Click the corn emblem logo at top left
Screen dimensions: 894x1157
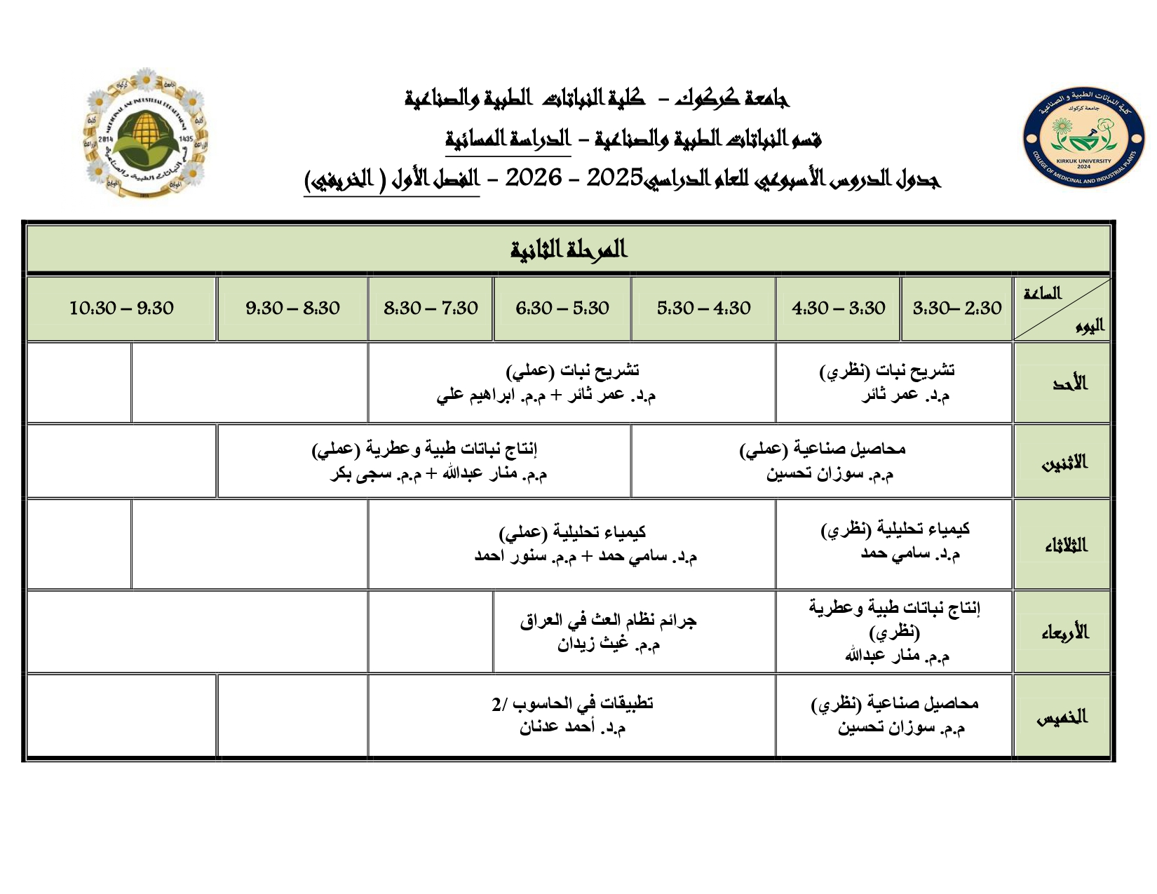point(145,133)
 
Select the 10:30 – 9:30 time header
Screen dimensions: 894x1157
point(121,308)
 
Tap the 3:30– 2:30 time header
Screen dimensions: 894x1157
point(956,308)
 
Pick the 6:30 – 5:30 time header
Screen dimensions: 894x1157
point(562,308)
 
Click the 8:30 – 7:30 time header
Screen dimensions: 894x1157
point(431,308)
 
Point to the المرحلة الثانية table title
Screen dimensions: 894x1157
point(568,249)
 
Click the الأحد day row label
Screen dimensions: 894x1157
point(1069,383)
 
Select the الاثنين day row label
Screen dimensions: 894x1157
point(1064,462)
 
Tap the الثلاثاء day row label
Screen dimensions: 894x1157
point(1066,545)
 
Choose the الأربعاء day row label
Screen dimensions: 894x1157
point(1064,632)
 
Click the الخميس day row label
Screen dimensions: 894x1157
point(1062,717)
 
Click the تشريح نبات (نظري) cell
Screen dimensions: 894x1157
point(894,382)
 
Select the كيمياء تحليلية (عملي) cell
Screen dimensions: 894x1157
point(572,544)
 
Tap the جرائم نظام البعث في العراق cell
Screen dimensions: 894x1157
point(609,632)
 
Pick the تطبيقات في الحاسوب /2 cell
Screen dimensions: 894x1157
point(572,714)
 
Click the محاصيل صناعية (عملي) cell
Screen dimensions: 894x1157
point(823,461)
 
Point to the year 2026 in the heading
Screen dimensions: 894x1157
point(534,179)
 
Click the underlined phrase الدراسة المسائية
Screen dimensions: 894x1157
point(508,139)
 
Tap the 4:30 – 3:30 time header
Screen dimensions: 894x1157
point(838,308)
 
